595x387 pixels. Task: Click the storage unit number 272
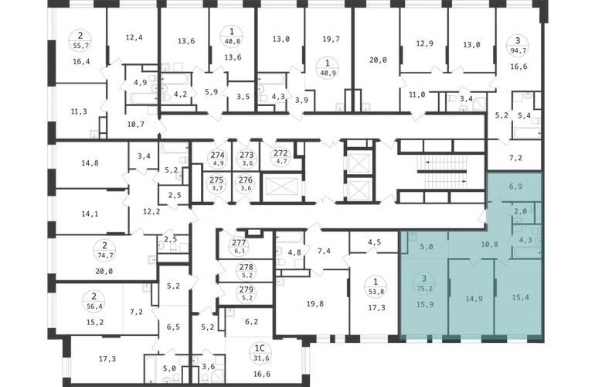tap(280, 153)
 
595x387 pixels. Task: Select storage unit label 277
tap(239, 242)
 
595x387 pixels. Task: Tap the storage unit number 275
tap(217, 180)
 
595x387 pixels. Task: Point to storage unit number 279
tap(246, 289)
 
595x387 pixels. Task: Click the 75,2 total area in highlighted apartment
tap(425, 289)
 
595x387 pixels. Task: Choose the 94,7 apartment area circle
tap(518, 45)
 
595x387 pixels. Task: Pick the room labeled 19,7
tap(331, 39)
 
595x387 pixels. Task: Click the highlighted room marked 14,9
tap(474, 299)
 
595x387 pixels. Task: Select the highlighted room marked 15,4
tap(520, 297)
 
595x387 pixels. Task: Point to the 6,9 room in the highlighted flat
tap(515, 187)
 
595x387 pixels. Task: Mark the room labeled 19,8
tap(315, 303)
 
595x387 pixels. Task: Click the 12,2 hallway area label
tap(151, 212)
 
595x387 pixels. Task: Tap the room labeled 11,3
tap(79, 111)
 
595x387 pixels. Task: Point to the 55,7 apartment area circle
tap(80, 41)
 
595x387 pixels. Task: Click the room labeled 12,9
tap(424, 43)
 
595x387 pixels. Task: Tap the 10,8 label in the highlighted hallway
tap(489, 245)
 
